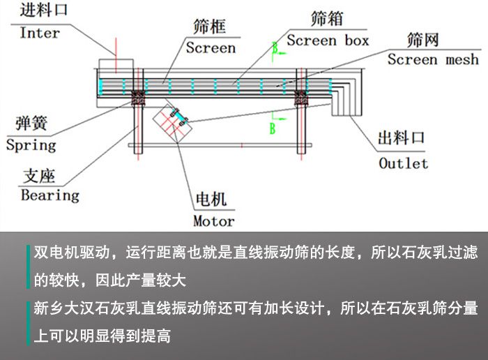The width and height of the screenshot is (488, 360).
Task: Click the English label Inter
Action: coord(40,33)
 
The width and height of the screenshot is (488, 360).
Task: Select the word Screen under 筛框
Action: coord(211,48)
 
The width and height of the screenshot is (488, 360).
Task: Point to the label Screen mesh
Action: coord(433,59)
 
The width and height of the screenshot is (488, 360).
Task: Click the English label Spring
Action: coord(31,145)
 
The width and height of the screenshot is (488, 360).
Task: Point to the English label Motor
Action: coord(213,221)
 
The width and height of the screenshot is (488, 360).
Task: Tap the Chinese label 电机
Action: coord(211,201)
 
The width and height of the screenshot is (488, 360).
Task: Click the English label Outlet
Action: coord(403,163)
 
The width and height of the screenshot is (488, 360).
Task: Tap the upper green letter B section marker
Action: coord(275,47)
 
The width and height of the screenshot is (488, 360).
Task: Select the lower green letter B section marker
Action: coord(273,128)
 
